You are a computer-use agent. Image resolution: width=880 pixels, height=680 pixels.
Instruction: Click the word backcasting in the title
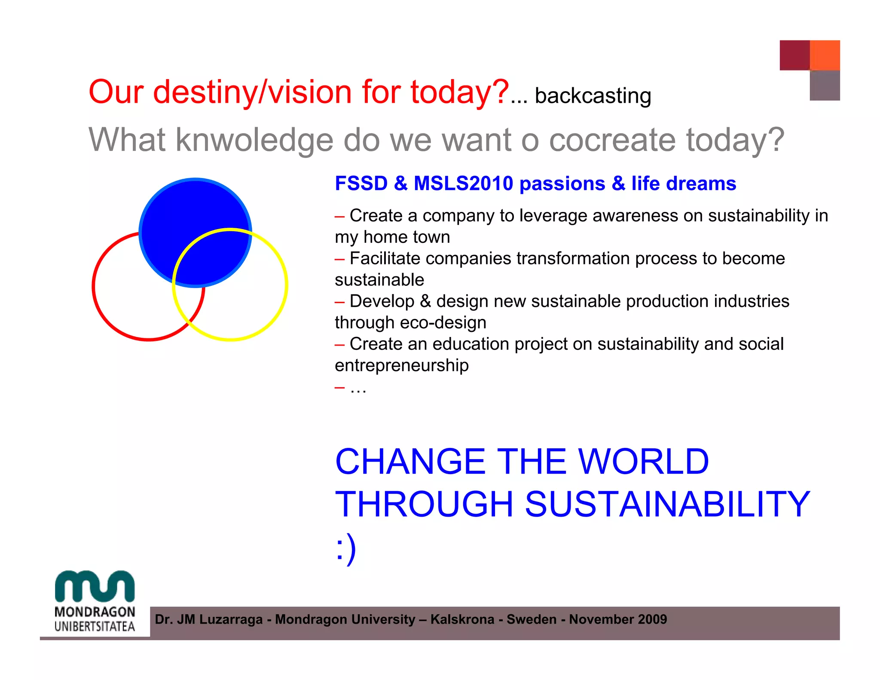593,96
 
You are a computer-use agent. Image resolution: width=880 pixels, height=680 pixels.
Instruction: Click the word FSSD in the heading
361,184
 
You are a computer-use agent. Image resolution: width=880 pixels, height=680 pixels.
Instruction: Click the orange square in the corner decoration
825,55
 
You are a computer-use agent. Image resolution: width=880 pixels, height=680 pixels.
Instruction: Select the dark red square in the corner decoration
794,55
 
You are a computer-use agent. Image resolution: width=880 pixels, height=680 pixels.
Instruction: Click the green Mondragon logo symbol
95,586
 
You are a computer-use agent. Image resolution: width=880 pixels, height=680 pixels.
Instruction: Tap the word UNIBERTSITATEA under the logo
95,626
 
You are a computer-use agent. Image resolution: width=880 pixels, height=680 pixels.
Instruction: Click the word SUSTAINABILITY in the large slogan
667,504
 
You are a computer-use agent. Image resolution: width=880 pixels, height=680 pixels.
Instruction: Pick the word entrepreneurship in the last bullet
401,365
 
